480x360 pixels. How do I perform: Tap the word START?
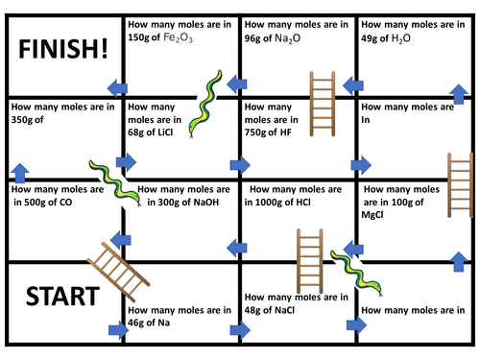pyautogui.click(x=60, y=295)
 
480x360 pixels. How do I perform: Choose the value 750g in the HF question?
pyautogui.click(x=260, y=132)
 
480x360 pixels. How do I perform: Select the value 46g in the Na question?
pyautogui.click(x=138, y=324)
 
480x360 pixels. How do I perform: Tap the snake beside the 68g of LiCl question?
pyautogui.click(x=206, y=101)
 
